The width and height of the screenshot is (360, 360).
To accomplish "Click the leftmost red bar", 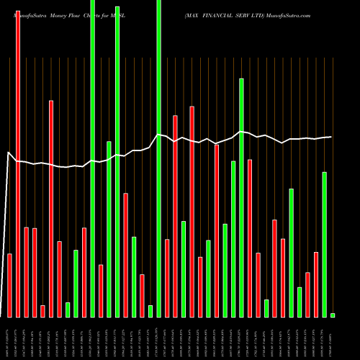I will [9, 285].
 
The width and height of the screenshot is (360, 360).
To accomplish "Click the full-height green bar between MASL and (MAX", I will [159, 158].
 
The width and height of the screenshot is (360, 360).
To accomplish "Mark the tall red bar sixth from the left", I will [51, 209].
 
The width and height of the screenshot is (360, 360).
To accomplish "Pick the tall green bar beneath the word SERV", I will [242, 198].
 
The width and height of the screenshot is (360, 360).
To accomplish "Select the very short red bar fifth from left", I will [42, 311].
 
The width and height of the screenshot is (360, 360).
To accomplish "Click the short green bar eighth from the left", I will [68, 310].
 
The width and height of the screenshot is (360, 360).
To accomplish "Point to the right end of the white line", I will [331, 137].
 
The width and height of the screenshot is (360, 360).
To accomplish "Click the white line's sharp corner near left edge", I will [8, 153].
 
